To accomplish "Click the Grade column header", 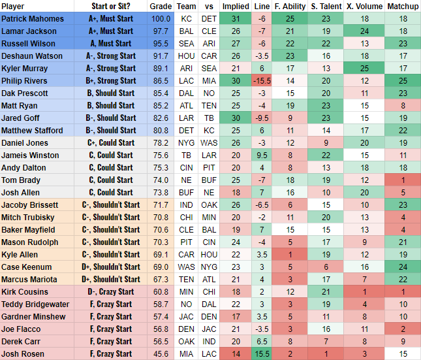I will pos(161,7).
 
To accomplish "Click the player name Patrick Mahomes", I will pos(33,19).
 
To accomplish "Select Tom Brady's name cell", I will pos(21,180).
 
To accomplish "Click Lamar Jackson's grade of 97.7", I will pos(161,31).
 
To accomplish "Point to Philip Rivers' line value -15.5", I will pos(262,81).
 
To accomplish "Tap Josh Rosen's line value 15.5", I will pos(262,353).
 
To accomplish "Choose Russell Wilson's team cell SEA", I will pos(185,44).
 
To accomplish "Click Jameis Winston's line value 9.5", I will pos(262,155).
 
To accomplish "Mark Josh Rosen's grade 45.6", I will pos(161,353).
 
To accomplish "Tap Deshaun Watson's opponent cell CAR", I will pos(209,56).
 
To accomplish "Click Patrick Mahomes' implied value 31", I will pos(236,19).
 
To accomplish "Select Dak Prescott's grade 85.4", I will pos(161,93).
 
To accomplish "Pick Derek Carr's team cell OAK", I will pos(185,341).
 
